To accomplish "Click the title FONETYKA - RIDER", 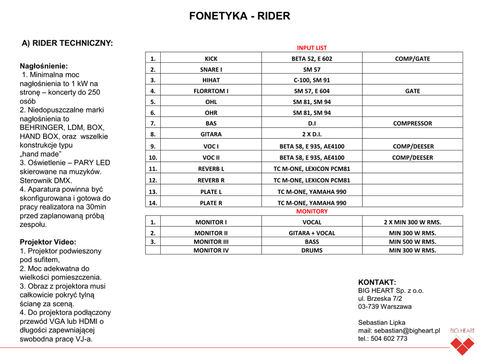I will point(240,16).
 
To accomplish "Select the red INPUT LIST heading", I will point(312,48).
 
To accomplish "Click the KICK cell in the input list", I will point(211,59).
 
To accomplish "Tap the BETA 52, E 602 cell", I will point(312,59).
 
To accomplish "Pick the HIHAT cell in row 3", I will point(211,80).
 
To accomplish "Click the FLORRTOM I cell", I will point(211,91).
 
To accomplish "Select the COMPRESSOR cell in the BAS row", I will point(412,123).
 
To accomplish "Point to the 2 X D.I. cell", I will point(312,134).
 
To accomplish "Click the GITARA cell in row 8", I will point(211,134).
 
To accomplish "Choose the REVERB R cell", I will point(211,180).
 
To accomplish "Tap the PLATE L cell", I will point(211,191).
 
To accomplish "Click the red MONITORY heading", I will point(312,211).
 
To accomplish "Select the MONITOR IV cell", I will point(211,250).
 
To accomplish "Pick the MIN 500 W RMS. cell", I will point(412,242).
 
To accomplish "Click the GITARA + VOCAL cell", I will point(312,233).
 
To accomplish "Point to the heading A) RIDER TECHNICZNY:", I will point(67,44).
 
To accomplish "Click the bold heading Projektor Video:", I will point(48,242).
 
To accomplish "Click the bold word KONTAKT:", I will point(377,282).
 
